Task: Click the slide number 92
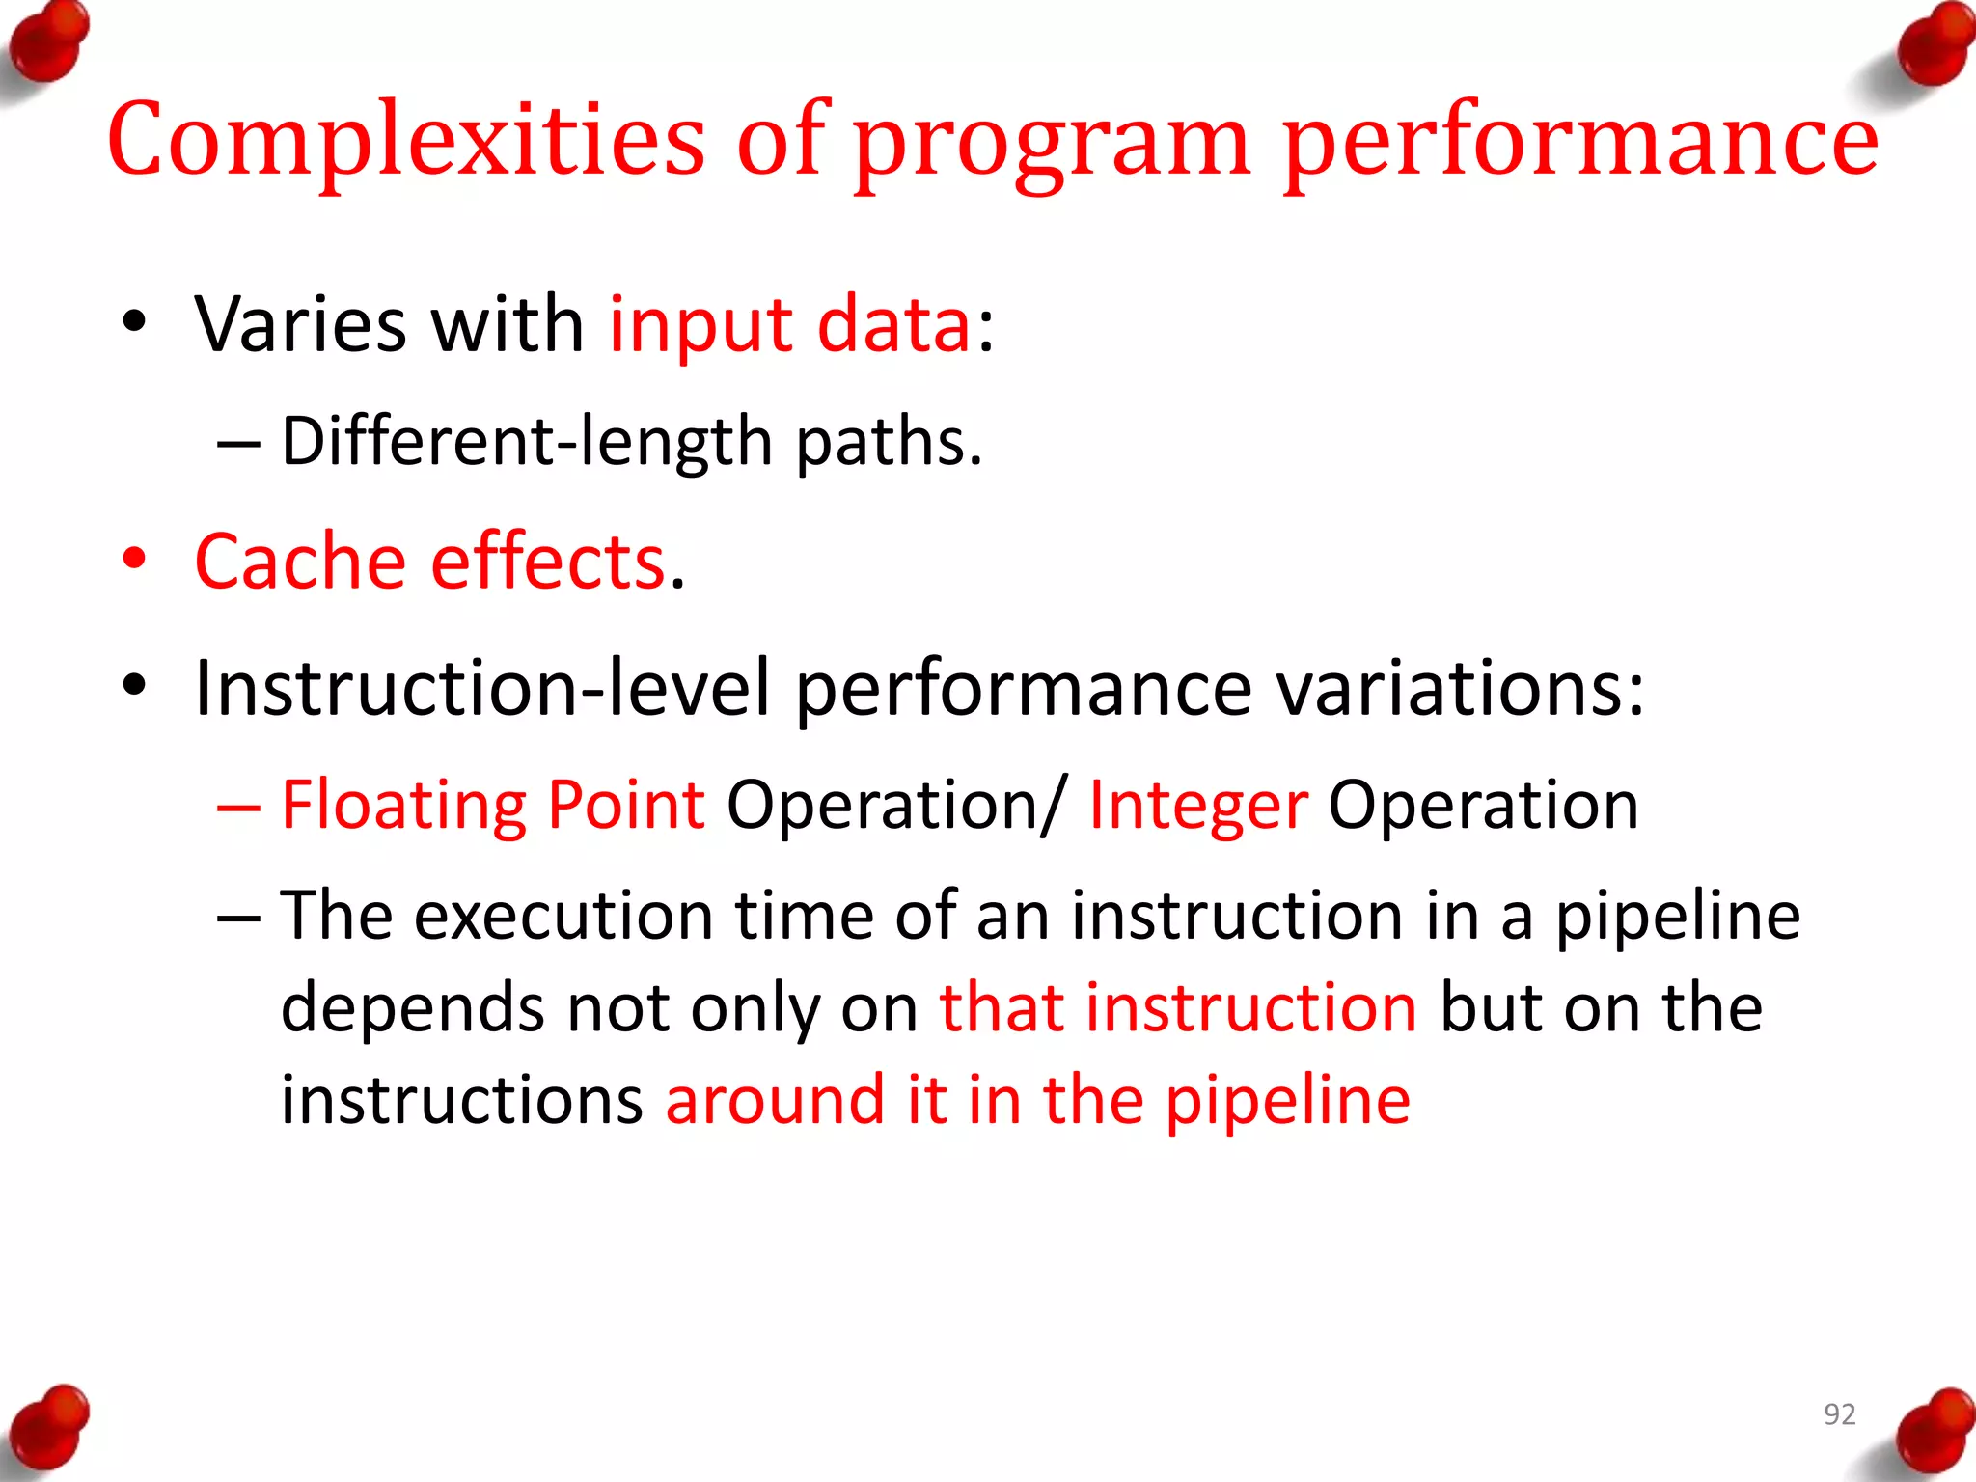click(1839, 1414)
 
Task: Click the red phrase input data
click(789, 325)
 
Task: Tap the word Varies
click(300, 325)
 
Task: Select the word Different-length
click(527, 442)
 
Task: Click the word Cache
click(300, 562)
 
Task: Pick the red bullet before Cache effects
click(134, 560)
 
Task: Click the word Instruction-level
click(481, 689)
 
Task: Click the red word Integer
click(1197, 807)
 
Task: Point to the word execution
click(563, 916)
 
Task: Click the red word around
click(774, 1100)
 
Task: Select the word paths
click(888, 442)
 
